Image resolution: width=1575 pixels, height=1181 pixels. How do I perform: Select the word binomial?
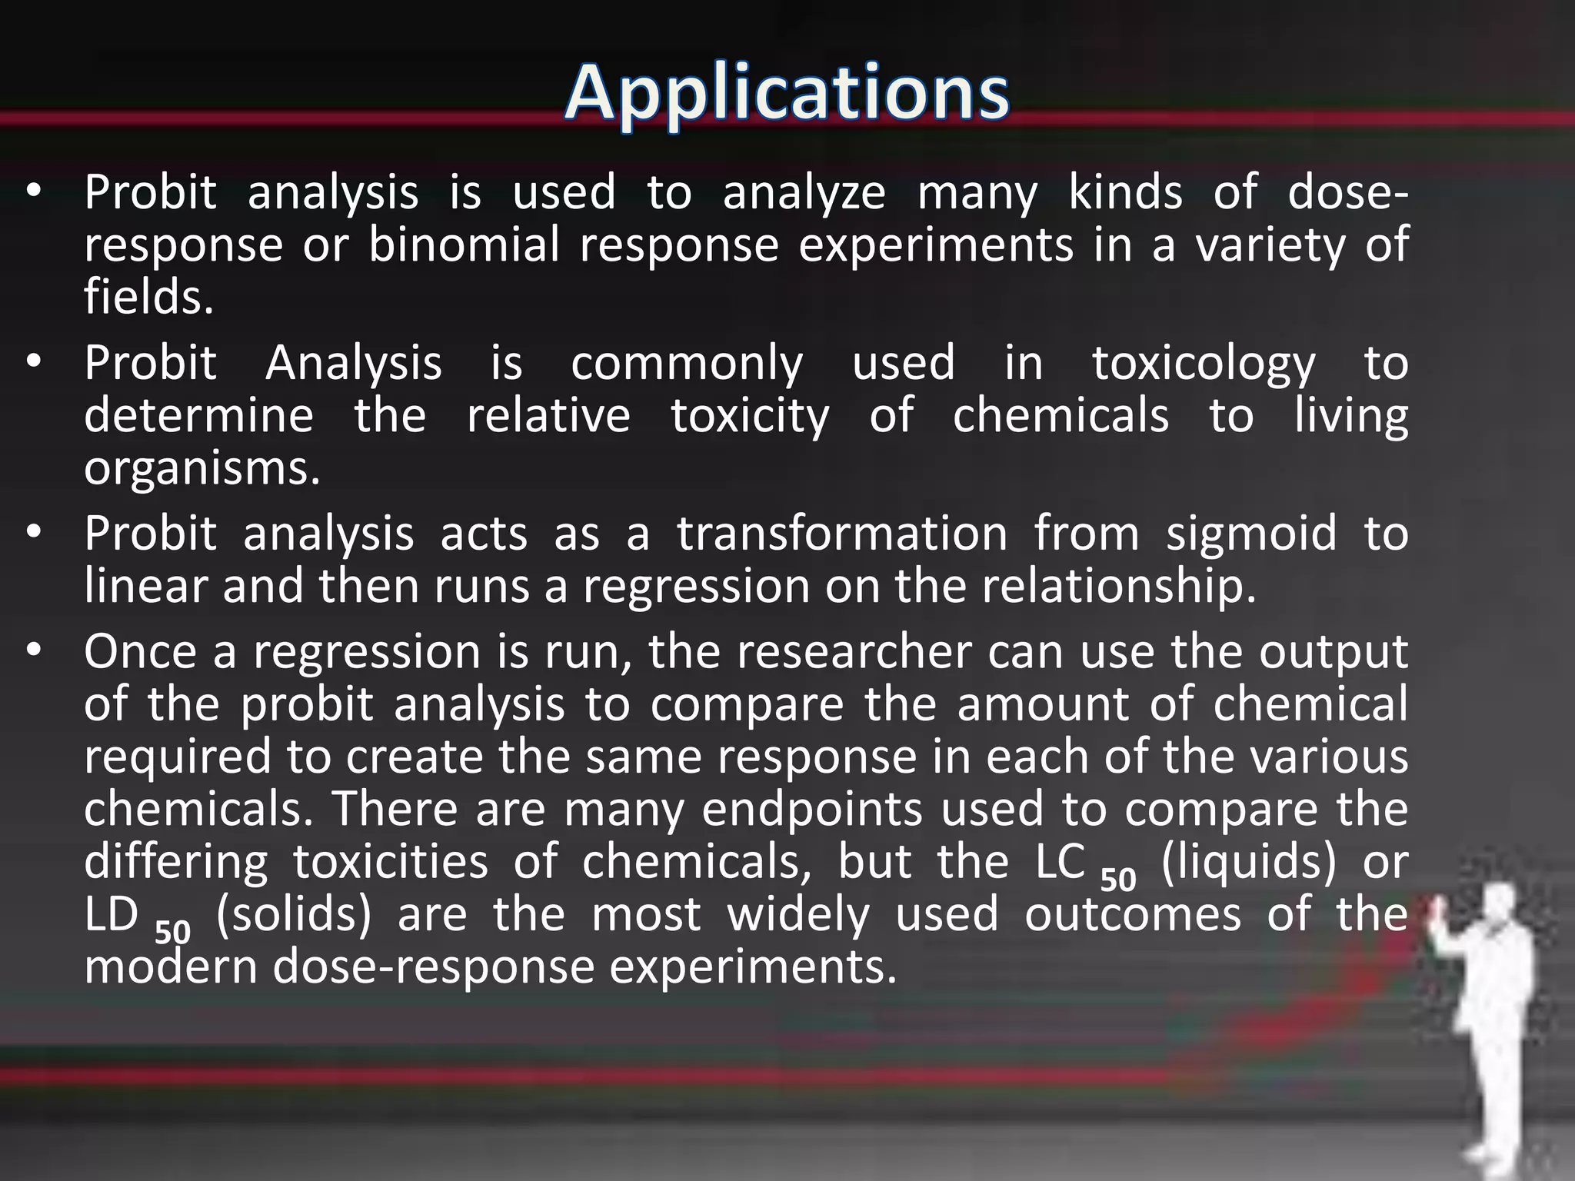click(464, 245)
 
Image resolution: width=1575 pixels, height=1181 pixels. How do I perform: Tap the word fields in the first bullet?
click(147, 297)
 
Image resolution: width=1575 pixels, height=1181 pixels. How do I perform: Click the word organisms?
click(201, 467)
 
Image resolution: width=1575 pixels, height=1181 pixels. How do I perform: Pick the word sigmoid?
click(1251, 534)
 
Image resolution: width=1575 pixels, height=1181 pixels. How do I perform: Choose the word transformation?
click(841, 534)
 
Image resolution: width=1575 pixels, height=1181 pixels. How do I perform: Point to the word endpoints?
click(811, 809)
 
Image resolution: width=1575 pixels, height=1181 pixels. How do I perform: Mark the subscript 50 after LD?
click(172, 931)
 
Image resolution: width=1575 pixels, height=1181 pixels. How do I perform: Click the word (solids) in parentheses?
click(294, 914)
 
